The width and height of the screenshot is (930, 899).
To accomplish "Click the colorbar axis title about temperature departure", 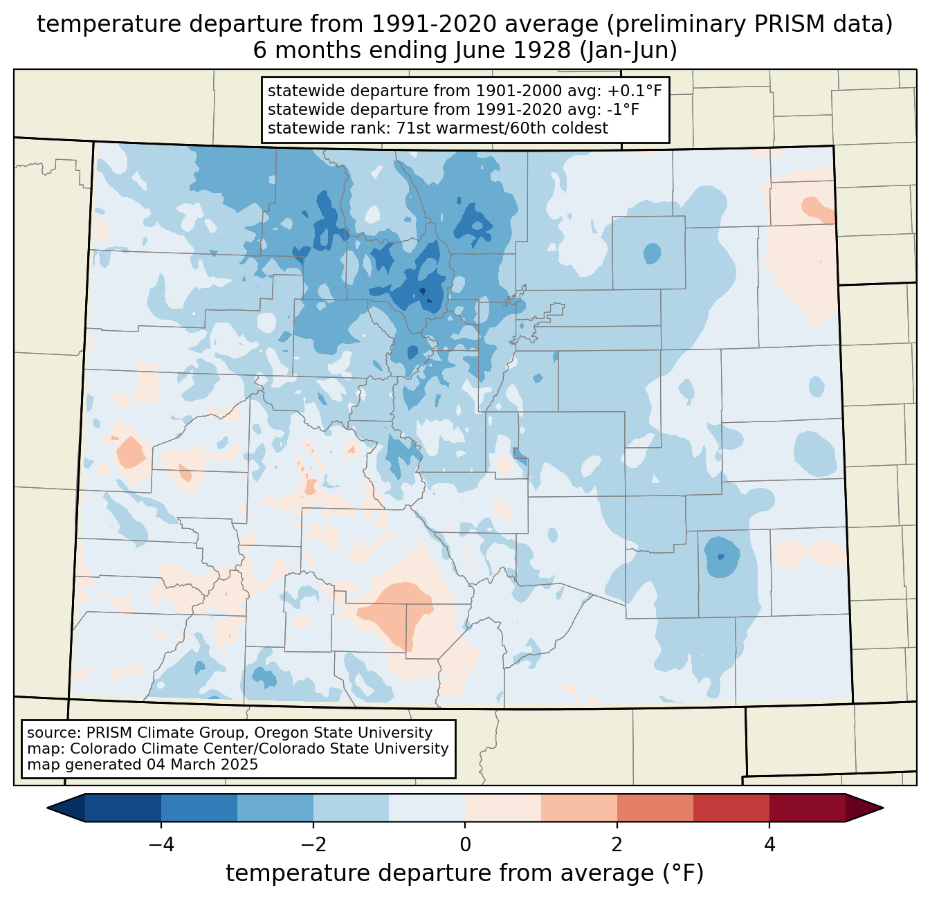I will (465, 873).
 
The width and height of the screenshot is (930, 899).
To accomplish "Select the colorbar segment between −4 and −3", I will (199, 808).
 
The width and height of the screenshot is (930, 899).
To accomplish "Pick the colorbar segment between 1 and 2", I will (579, 808).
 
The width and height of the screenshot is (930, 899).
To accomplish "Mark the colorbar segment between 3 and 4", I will (731, 808).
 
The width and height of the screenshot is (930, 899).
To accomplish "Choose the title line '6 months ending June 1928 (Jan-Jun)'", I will (465, 51).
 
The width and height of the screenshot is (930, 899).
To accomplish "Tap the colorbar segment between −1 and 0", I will (427, 808).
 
